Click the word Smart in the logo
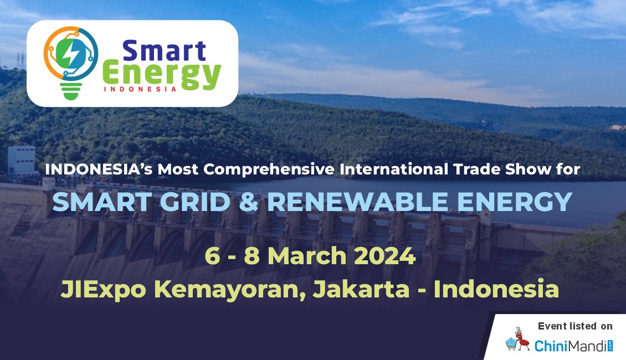pyautogui.click(x=164, y=51)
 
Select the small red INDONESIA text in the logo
pyautogui.click(x=140, y=89)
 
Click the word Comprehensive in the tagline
pyautogui.click(x=269, y=169)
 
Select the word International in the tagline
pyautogui.click(x=394, y=169)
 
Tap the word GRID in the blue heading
pyautogui.click(x=195, y=202)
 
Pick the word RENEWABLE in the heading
pyautogui.click(x=357, y=202)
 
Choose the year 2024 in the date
pyautogui.click(x=385, y=256)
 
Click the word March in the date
pyautogui.click(x=307, y=256)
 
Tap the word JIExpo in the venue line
pyautogui.click(x=104, y=289)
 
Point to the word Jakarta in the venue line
pyautogui.click(x=361, y=289)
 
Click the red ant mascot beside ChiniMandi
pyautogui.click(x=521, y=340)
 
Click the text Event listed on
pyautogui.click(x=575, y=326)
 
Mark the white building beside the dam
pyautogui.click(x=22, y=160)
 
